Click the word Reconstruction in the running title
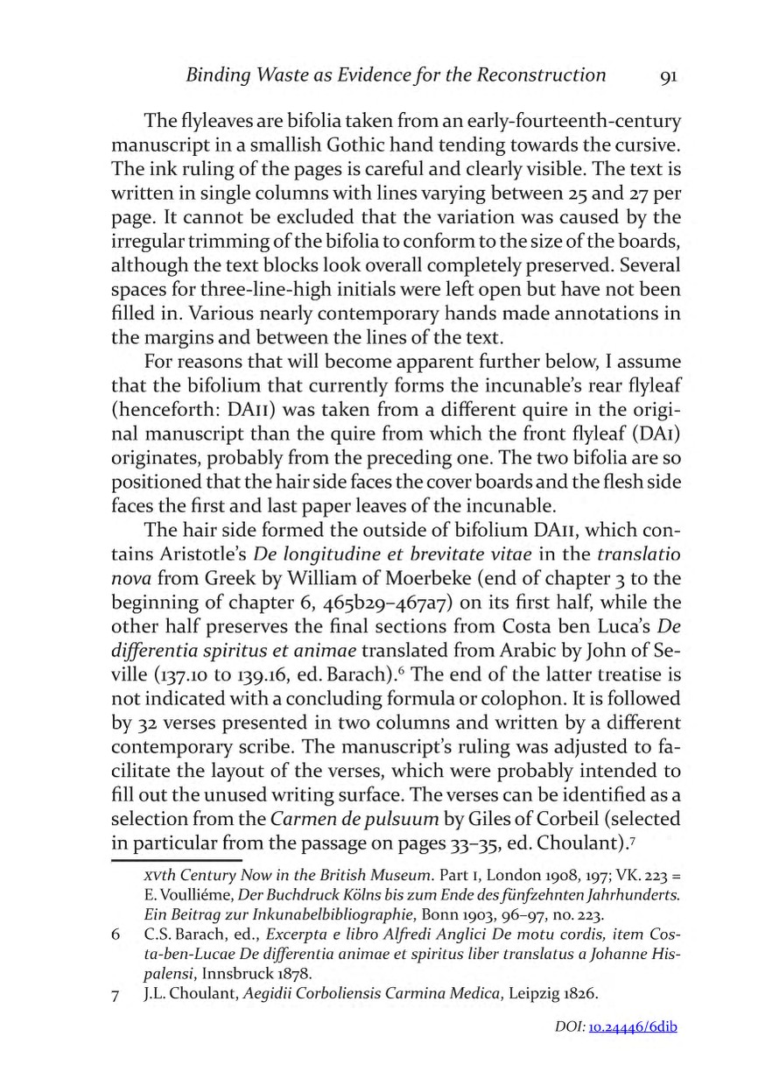(541, 74)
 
